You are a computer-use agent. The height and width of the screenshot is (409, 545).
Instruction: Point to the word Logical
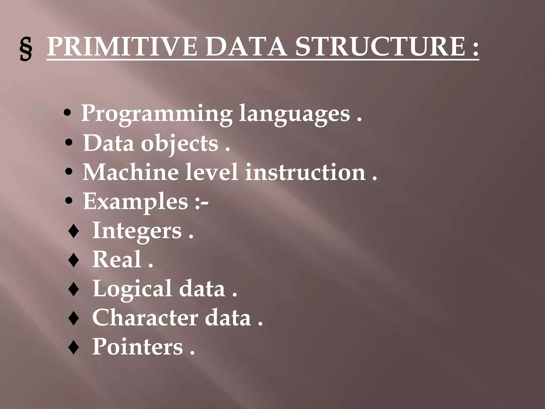pos(132,289)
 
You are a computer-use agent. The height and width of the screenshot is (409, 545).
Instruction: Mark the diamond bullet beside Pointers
pos(73,347)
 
